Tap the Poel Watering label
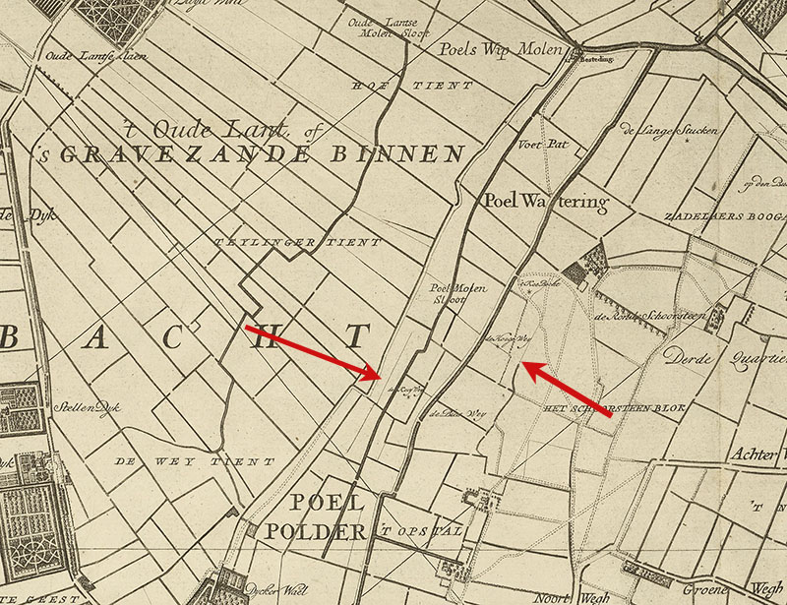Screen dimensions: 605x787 [546, 202]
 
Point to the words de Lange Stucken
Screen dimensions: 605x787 [676, 130]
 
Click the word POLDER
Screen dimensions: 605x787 [328, 532]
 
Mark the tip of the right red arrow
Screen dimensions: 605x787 [520, 364]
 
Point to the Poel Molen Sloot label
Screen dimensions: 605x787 [448, 295]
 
